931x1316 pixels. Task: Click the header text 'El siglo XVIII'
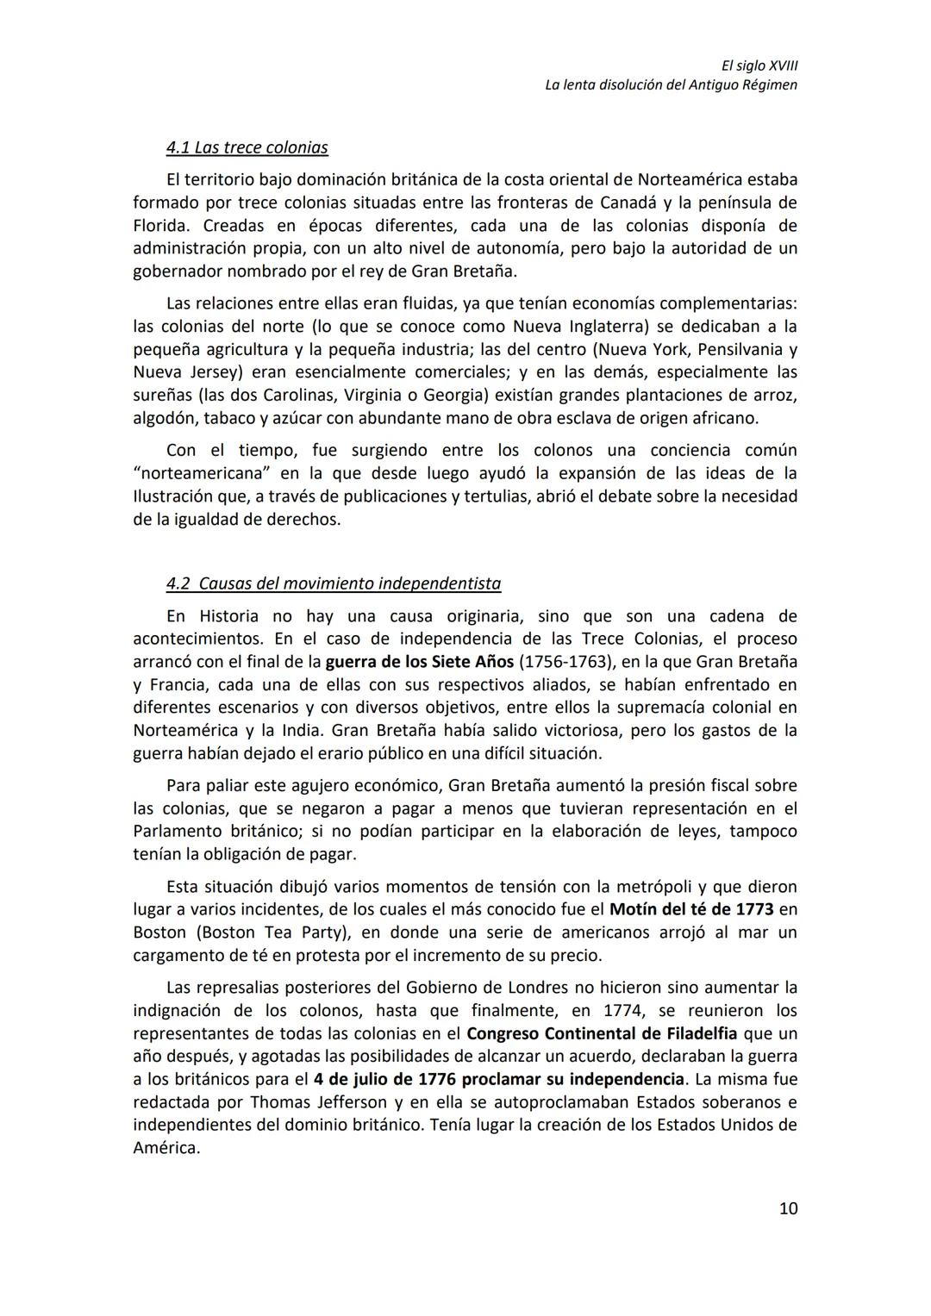click(x=759, y=65)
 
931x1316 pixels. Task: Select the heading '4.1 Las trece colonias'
click(x=247, y=147)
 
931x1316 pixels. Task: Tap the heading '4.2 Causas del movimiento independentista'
click(x=333, y=583)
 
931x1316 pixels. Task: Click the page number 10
click(x=788, y=1208)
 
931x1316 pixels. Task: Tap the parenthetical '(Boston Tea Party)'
click(x=267, y=932)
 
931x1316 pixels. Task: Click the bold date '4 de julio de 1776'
click(x=385, y=1079)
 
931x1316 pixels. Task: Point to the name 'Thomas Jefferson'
click(x=321, y=1102)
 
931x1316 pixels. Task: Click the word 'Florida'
click(x=160, y=226)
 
